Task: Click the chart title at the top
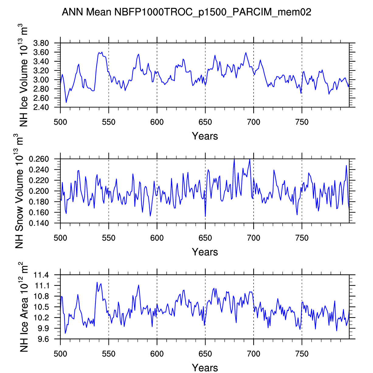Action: click(x=186, y=12)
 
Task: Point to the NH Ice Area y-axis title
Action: click(x=24, y=307)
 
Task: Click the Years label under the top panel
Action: click(x=205, y=136)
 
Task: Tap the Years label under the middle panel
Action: click(x=205, y=252)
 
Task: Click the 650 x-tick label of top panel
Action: click(x=205, y=122)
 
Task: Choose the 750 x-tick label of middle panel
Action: click(x=302, y=238)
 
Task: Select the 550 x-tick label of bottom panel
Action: click(x=109, y=354)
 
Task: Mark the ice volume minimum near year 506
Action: click(x=66, y=103)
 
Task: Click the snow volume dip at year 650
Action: click(x=205, y=216)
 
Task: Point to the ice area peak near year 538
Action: click(x=97, y=282)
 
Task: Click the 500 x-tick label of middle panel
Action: click(x=60, y=238)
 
